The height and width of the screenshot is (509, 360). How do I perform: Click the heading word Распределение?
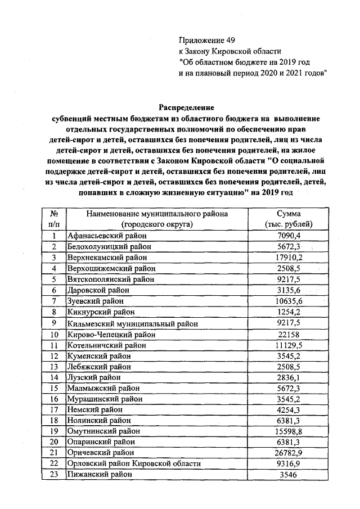186,107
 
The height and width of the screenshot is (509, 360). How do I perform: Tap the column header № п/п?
55,219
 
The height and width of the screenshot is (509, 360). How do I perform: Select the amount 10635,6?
292,301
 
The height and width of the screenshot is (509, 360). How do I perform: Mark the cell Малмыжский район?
100,388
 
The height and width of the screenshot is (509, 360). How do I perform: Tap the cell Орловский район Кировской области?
134,463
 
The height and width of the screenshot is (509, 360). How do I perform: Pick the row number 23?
55,475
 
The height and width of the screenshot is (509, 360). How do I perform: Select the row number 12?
55,355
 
